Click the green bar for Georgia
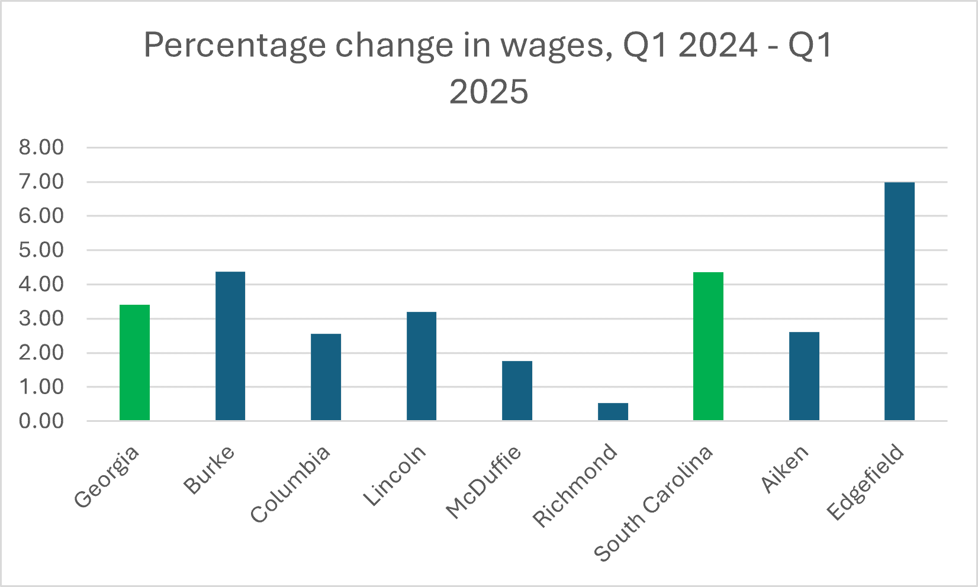click(x=134, y=362)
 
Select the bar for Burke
click(x=230, y=346)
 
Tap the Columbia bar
click(x=326, y=377)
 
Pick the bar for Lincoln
click(x=422, y=366)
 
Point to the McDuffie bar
click(x=517, y=391)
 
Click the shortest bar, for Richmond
click(x=613, y=411)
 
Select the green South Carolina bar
click(x=708, y=346)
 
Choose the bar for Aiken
click(x=804, y=376)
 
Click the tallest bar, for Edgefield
click(x=899, y=301)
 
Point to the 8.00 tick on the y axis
click(x=41, y=147)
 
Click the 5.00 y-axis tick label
click(x=41, y=250)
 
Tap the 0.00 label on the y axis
click(x=41, y=421)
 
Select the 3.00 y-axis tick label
click(x=41, y=318)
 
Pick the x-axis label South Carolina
click(x=654, y=503)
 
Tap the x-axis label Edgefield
click(x=866, y=482)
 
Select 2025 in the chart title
click(x=488, y=92)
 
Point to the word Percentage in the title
click(x=234, y=46)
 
